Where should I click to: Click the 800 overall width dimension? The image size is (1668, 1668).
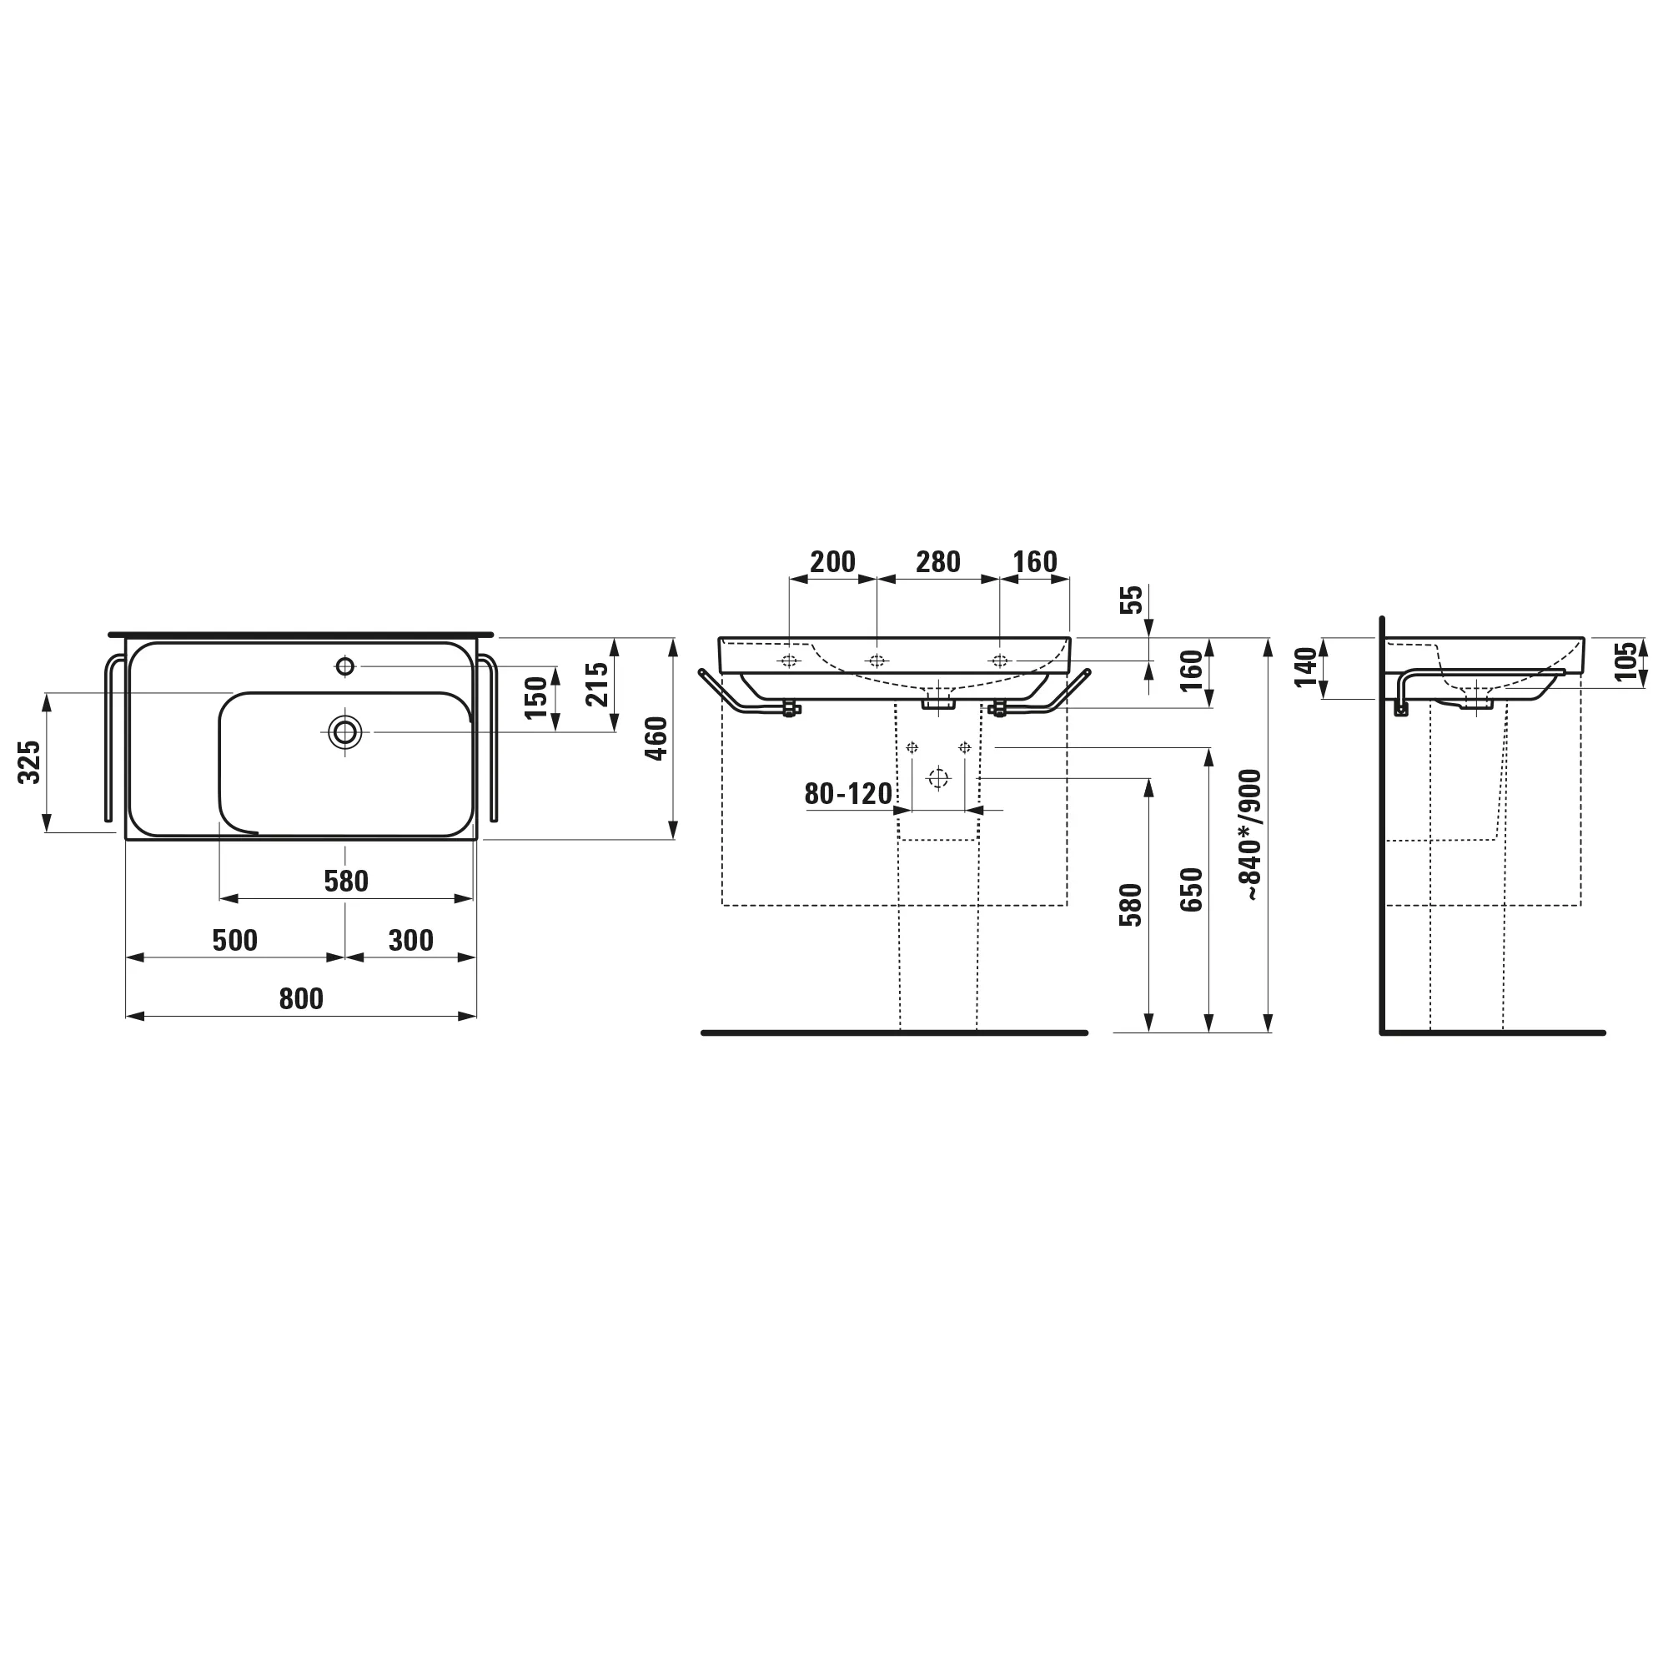(x=300, y=999)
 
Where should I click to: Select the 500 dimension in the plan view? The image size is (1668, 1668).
(x=235, y=940)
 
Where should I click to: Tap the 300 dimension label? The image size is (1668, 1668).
(x=410, y=940)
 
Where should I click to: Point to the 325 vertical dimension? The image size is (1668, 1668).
(x=30, y=761)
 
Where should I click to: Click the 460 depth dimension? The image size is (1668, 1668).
(x=657, y=738)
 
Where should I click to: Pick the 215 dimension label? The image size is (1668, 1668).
(x=597, y=684)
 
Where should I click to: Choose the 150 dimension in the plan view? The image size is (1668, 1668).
(x=536, y=697)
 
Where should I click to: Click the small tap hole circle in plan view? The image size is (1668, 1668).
(x=344, y=666)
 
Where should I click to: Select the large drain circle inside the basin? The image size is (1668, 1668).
(x=344, y=732)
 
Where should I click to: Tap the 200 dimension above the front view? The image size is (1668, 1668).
(x=832, y=562)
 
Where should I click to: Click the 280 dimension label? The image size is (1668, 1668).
(x=937, y=562)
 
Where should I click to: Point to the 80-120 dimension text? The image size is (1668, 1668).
(x=848, y=794)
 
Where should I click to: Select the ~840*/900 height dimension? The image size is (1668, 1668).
(x=1251, y=835)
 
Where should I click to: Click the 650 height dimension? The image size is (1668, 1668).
(x=1192, y=889)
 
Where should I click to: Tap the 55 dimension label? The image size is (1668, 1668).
(x=1132, y=599)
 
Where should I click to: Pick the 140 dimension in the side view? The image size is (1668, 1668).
(x=1305, y=667)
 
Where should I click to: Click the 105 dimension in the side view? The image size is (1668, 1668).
(x=1626, y=661)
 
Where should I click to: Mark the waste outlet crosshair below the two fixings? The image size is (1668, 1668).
(x=937, y=779)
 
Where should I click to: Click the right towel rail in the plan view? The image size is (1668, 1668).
(x=493, y=742)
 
